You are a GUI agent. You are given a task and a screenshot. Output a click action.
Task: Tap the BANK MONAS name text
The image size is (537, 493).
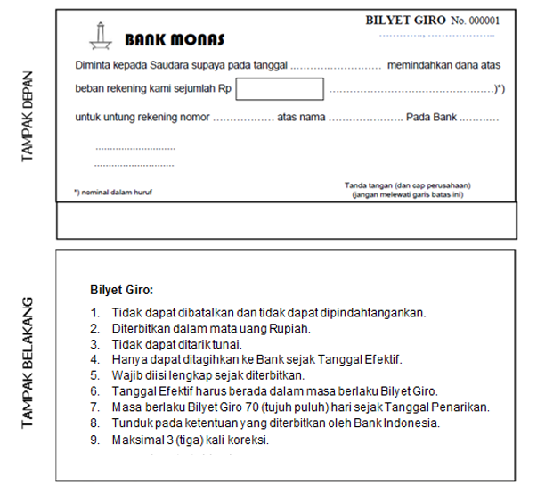[175, 40]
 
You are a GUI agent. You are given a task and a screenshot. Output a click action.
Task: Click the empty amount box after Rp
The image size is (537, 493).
[280, 89]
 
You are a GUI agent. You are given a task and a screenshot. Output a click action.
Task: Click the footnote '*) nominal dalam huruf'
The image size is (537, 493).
[113, 191]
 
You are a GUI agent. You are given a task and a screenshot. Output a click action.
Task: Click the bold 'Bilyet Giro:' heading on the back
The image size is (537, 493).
[122, 290]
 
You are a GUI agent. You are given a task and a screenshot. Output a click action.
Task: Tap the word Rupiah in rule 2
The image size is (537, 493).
[289, 327]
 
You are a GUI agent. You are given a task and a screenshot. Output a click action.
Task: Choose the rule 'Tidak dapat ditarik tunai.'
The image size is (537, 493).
[177, 343]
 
